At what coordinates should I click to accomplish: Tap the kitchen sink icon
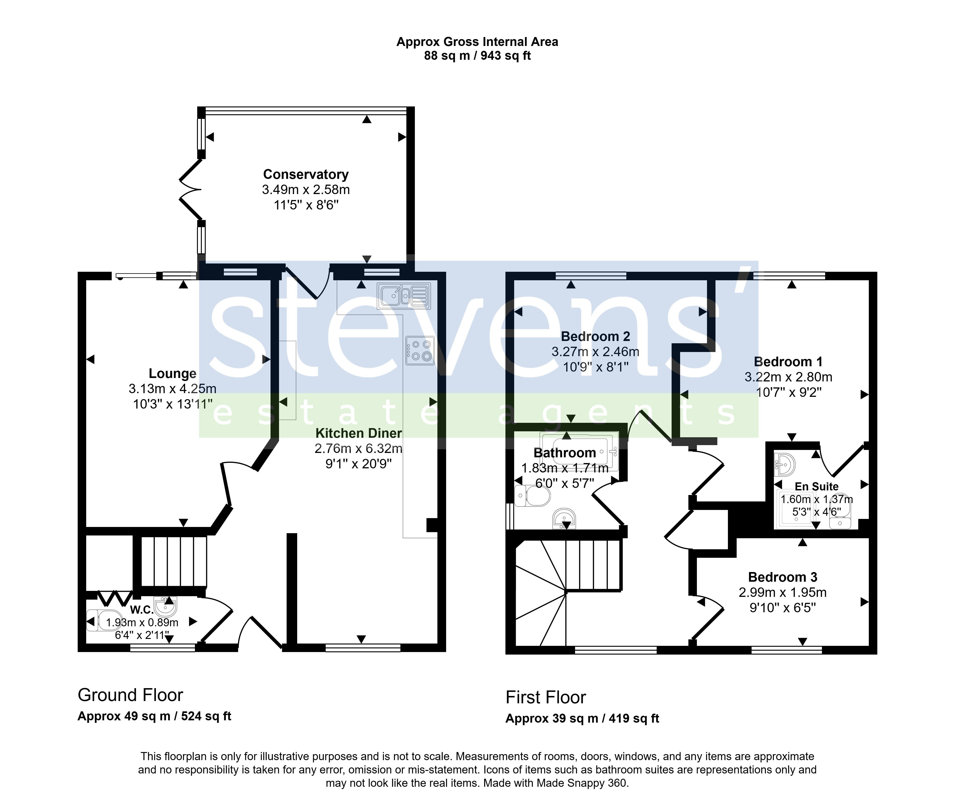tap(404, 295)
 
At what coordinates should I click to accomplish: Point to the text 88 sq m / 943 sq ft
tap(478, 56)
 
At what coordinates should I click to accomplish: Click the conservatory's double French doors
tap(190, 190)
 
